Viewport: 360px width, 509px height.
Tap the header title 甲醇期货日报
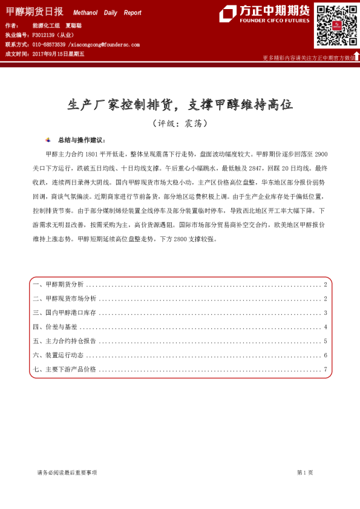click(x=34, y=12)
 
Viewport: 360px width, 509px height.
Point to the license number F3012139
click(x=46, y=36)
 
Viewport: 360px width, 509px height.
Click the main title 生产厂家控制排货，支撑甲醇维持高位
click(x=180, y=105)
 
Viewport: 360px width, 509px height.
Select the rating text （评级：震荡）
click(x=180, y=123)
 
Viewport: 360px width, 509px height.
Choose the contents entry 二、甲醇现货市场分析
click(x=65, y=299)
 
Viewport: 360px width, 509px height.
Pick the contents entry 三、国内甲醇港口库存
click(x=65, y=313)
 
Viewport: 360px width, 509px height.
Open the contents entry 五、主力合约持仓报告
click(x=65, y=341)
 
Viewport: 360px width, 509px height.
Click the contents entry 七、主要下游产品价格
click(x=65, y=369)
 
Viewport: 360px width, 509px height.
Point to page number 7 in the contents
click(x=326, y=369)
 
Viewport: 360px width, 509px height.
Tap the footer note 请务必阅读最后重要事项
click(x=67, y=472)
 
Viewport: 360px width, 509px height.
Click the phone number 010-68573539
click(x=48, y=45)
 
